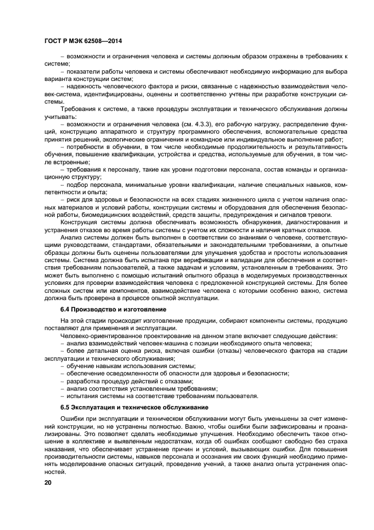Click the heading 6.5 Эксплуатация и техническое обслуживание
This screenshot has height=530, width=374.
click(x=135, y=407)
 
